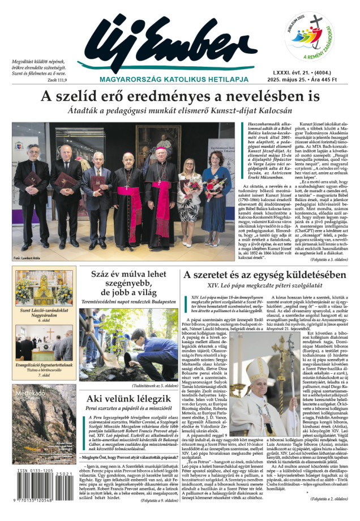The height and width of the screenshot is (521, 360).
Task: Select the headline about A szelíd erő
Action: point(180,97)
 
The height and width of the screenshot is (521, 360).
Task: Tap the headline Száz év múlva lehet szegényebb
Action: point(134,283)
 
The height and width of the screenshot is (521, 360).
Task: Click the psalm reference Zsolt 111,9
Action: point(55,80)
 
